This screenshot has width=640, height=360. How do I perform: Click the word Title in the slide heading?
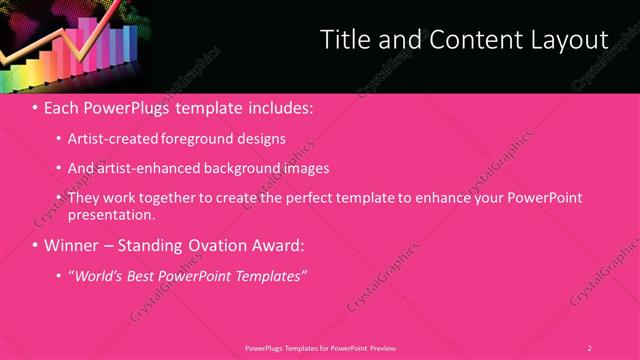click(x=344, y=40)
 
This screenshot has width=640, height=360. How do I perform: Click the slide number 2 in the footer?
click(x=589, y=347)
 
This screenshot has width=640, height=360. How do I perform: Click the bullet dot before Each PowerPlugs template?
click(x=35, y=106)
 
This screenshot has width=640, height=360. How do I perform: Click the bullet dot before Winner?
click(x=35, y=245)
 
